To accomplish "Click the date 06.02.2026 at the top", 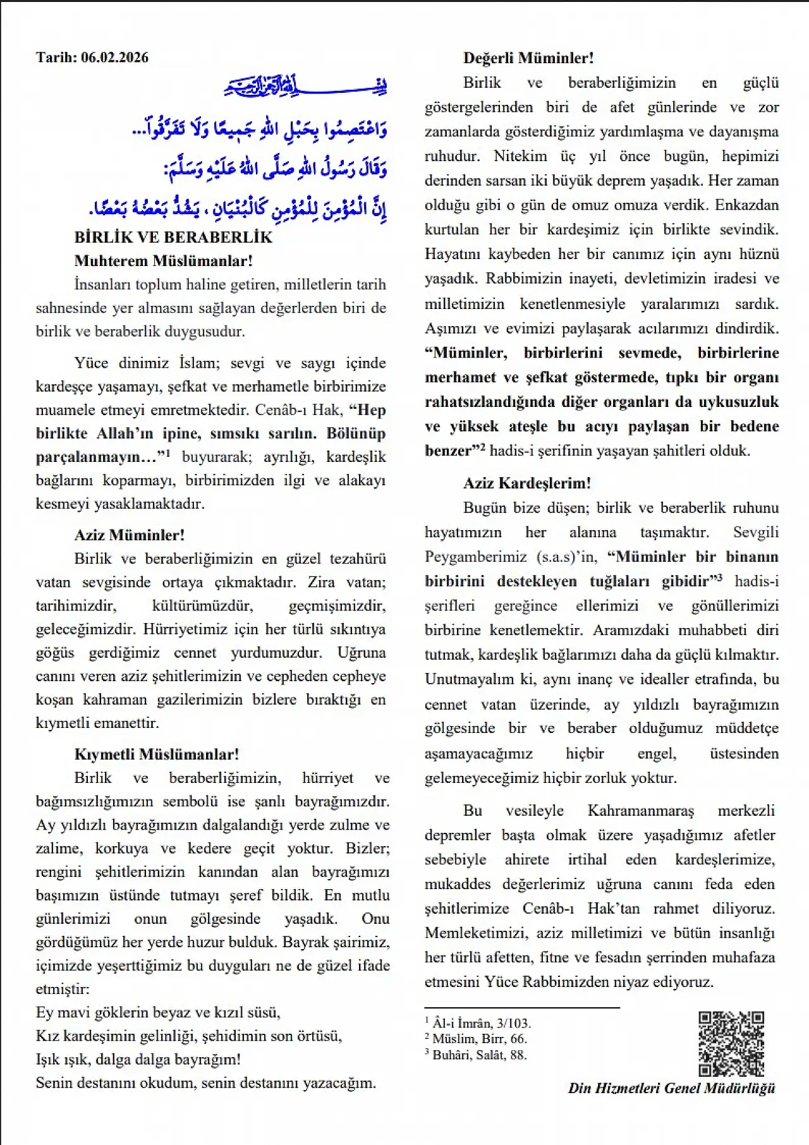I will click(115, 58).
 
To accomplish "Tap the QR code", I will click(731, 1044).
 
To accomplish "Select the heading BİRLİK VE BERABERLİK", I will click(173, 238).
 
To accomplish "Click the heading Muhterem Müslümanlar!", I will click(163, 261).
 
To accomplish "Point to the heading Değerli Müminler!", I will click(528, 58).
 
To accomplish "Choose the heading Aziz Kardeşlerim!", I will click(527, 483).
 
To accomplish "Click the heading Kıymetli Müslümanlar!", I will click(156, 754).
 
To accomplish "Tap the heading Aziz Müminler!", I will click(130, 535).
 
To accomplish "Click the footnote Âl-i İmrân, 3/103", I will click(481, 1023).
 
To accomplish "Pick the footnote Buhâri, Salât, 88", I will click(479, 1054).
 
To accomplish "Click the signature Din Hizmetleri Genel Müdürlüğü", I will click(671, 1088).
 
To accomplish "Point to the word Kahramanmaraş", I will click(640, 811).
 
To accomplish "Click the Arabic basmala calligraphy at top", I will click(306, 86).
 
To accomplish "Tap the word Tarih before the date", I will click(56, 58).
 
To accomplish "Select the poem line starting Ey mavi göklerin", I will click(158, 1013).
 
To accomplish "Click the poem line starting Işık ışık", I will click(138, 1060).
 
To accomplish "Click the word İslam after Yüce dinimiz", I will click(198, 363).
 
